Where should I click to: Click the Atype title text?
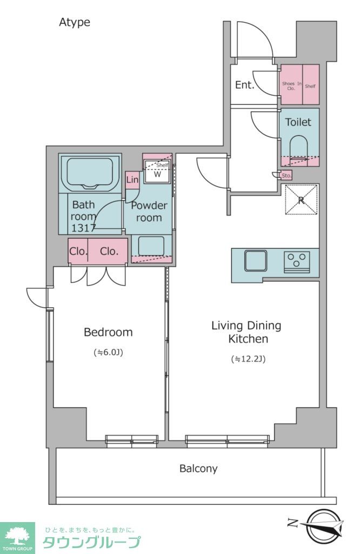75,22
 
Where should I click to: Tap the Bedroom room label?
108,332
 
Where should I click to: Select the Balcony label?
198,469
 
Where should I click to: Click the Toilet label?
298,122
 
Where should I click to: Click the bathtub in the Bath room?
90,173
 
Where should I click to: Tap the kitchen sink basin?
256,261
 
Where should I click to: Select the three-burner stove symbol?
297,262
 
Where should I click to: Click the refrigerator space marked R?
301,200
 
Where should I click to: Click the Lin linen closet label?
132,180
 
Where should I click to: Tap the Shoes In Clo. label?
291,86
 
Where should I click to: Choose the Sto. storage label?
286,176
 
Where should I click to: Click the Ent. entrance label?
244,85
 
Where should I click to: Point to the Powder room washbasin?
151,246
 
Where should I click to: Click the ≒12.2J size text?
248,359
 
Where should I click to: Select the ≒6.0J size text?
108,352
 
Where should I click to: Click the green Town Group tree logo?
18,538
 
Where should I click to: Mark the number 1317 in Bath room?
83,228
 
